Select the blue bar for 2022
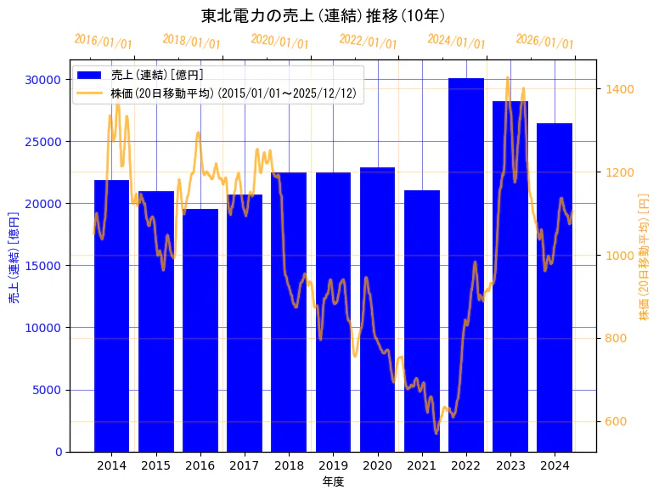(466, 264)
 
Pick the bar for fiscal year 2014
(111, 315)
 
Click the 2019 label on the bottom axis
(333, 465)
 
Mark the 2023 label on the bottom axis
(510, 465)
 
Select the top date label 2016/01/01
(104, 42)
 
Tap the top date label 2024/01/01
(457, 42)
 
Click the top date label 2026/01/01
(545, 42)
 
